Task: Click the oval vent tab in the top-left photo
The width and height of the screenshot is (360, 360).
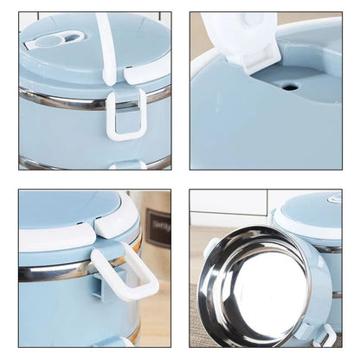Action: pyautogui.click(x=54, y=40)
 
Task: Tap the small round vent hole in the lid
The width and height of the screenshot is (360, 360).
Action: pyautogui.click(x=289, y=87)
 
